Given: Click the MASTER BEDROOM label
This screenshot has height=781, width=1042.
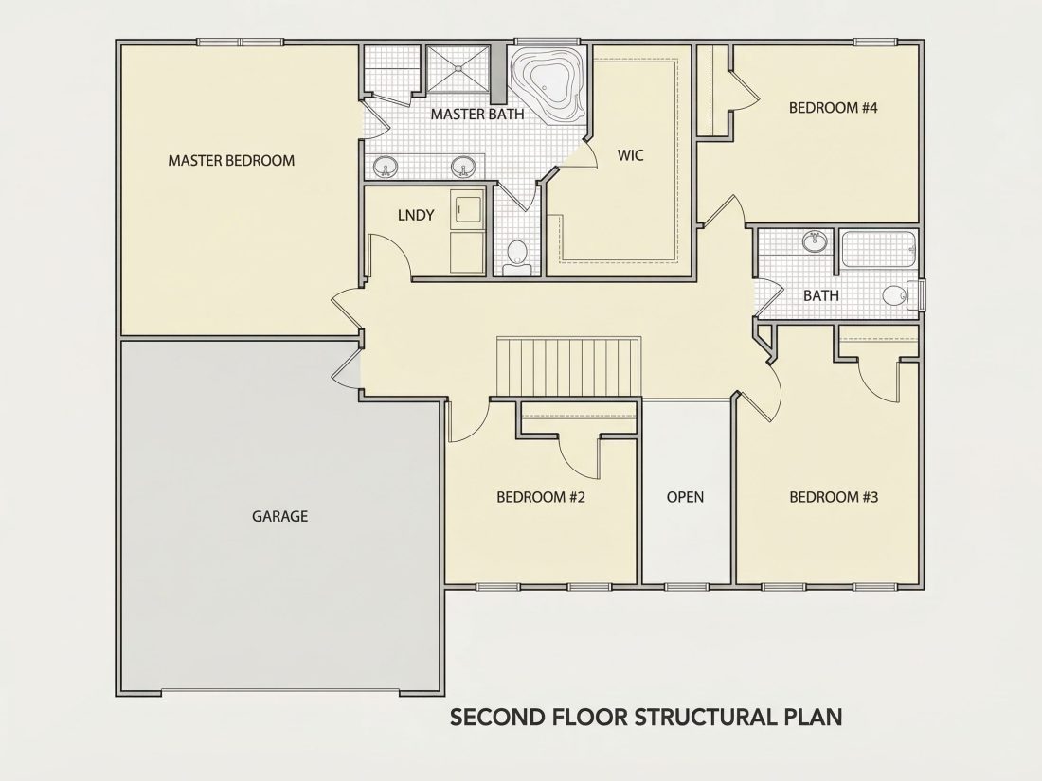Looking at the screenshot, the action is click(x=231, y=160).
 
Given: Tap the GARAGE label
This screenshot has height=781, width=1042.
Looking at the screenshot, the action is click(x=279, y=516).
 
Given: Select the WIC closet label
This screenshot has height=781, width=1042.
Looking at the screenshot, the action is click(x=630, y=155).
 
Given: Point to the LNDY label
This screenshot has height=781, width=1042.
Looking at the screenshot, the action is click(x=416, y=215).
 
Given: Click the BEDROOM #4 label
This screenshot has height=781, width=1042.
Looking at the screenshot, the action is click(x=834, y=108).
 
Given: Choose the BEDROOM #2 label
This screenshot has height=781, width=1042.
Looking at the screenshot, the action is click(x=541, y=497).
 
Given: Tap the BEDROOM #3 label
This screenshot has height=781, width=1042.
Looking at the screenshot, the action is click(x=834, y=497).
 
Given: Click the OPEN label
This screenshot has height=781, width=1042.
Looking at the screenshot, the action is click(x=685, y=497).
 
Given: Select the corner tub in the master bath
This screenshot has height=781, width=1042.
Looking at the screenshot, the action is click(x=548, y=83).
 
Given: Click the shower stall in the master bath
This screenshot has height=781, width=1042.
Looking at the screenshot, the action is click(x=458, y=68).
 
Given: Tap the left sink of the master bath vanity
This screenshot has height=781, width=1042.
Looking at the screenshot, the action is click(x=384, y=166).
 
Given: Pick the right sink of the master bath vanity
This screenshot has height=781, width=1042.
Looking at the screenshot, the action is click(x=462, y=166).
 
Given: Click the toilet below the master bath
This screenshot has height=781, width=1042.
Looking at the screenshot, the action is click(x=517, y=257).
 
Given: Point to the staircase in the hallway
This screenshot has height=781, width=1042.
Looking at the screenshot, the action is click(x=569, y=367).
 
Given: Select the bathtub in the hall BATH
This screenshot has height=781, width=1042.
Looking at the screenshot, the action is click(x=878, y=249).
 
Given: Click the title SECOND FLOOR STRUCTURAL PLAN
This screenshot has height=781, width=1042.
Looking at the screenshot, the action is click(x=647, y=718).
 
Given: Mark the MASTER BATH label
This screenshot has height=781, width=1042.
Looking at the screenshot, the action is click(x=477, y=115).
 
